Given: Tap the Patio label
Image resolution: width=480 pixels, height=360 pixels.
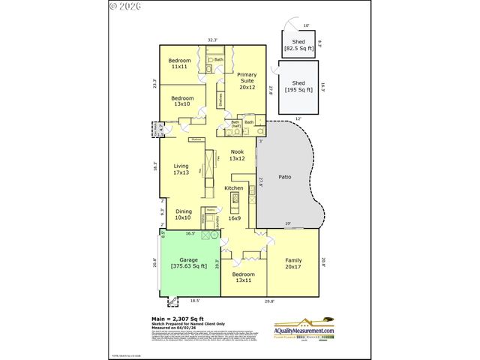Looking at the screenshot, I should pos(284,178).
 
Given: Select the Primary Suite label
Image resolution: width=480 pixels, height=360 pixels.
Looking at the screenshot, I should pos(247,80).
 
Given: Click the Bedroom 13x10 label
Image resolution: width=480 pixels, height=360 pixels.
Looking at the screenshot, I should pos(182,101).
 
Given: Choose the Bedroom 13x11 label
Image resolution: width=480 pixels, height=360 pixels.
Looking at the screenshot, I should pos(243,277).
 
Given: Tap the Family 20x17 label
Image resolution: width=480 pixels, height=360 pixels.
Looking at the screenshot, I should pos(292,263).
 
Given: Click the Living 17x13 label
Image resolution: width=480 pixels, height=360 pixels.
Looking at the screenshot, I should pos(181,170).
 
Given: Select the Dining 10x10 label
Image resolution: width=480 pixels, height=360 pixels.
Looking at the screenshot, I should pos(184,215).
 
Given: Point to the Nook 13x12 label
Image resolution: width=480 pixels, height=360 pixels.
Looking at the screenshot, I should pos(238,155).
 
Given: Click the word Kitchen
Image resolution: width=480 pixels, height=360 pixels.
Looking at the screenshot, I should pos(235,187).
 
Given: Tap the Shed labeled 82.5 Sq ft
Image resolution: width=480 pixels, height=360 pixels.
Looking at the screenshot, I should pos(298,46).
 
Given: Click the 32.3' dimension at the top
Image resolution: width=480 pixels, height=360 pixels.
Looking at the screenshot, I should pos(212,40).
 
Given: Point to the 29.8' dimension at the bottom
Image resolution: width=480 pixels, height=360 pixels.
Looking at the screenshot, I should pos(268,301).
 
